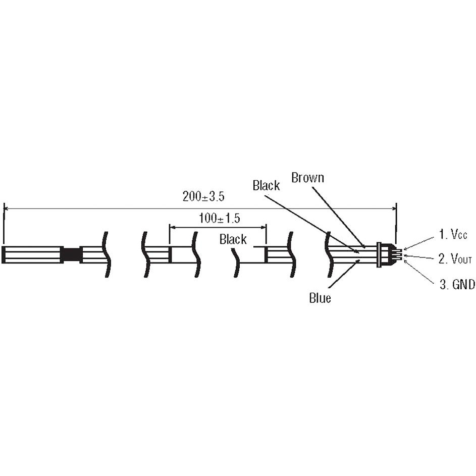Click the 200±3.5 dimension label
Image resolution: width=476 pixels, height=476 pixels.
click(x=203, y=196)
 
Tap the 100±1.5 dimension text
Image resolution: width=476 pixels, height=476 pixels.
click(x=219, y=218)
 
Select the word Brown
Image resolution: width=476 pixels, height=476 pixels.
click(x=307, y=178)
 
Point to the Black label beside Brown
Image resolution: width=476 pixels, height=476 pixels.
click(x=266, y=185)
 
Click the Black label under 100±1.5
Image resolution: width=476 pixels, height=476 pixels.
click(x=233, y=239)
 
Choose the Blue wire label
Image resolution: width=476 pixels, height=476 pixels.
click(x=320, y=298)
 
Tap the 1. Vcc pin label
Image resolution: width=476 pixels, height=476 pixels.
click(x=453, y=234)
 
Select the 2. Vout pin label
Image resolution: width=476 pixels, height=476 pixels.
click(x=455, y=259)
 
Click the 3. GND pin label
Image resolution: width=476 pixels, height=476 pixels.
click(x=457, y=285)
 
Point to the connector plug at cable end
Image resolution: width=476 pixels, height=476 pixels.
click(x=389, y=254)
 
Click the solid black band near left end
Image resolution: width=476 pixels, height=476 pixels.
click(x=72, y=254)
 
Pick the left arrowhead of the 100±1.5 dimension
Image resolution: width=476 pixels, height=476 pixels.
click(x=172, y=227)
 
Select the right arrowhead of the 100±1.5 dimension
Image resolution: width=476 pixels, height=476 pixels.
click(x=263, y=227)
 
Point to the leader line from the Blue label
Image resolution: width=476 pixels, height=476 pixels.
click(x=344, y=274)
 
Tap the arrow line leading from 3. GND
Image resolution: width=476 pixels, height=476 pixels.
click(x=419, y=272)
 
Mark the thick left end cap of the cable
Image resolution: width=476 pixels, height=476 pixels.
click(x=4, y=254)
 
